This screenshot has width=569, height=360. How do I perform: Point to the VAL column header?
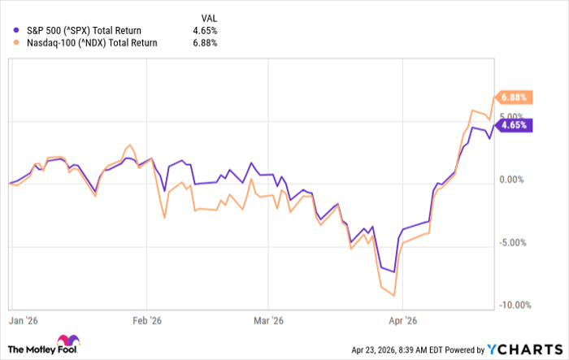click(x=209, y=15)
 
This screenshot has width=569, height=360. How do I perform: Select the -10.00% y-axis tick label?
click(x=513, y=306)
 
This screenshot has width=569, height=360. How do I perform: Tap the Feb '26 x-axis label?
click(x=144, y=320)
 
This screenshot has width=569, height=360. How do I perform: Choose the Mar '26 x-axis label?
click(x=267, y=320)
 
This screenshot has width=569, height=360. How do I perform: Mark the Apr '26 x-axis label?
click(x=402, y=320)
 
